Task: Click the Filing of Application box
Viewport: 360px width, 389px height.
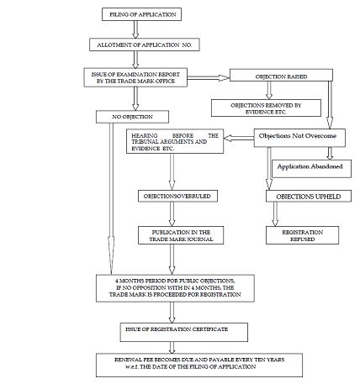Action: pos(141,14)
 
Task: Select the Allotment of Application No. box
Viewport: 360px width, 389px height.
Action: pos(145,45)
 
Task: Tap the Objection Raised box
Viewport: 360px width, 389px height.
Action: pos(281,75)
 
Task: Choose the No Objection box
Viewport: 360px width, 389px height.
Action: pos(132,117)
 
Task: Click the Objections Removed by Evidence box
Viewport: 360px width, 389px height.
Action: pos(266,108)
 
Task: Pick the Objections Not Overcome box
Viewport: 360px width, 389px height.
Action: pos(299,138)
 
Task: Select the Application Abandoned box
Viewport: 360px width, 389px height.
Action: pos(311,169)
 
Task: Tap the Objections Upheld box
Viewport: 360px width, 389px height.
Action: pos(309,196)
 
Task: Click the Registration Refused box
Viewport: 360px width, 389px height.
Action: pos(302,235)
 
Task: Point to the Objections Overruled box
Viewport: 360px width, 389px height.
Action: pos(177,196)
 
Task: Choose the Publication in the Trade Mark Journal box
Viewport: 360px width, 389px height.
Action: pos(181,235)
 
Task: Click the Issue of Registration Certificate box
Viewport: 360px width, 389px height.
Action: pos(184,332)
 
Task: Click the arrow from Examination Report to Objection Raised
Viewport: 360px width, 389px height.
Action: pos(209,77)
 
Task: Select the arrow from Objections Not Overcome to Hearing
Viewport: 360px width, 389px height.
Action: pos(239,138)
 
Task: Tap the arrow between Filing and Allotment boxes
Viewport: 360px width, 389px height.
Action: pos(135,29)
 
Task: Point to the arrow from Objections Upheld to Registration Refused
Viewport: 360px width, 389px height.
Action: pos(275,214)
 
